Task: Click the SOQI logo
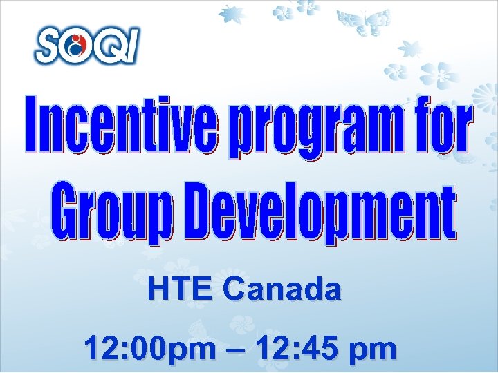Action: [x=86, y=46]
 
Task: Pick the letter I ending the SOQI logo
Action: [x=131, y=46]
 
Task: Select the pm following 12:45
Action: [x=373, y=351]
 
